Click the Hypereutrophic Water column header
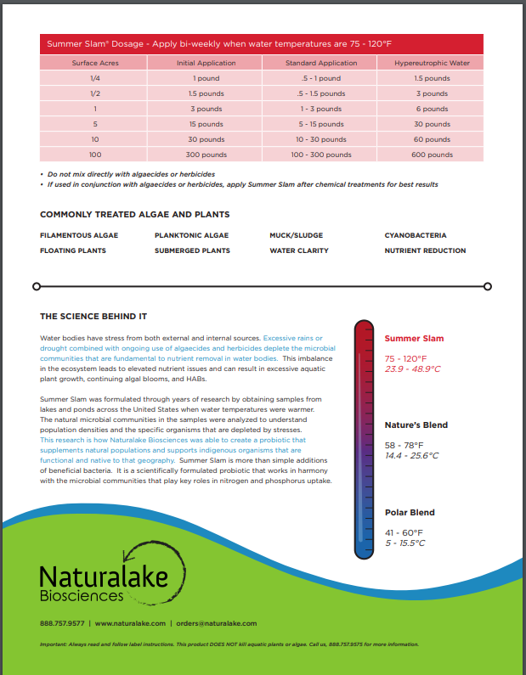click(x=433, y=63)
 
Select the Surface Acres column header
click(x=95, y=63)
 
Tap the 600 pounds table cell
click(x=433, y=155)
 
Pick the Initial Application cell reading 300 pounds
click(x=206, y=155)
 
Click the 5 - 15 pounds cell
click(x=320, y=124)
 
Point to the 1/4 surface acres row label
click(x=95, y=78)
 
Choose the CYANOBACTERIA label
click(x=415, y=235)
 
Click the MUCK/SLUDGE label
click(x=296, y=235)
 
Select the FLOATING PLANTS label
click(x=73, y=250)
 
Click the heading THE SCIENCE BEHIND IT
click(x=93, y=317)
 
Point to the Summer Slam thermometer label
click(x=414, y=339)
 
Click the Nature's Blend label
click(x=416, y=425)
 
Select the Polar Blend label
click(x=410, y=512)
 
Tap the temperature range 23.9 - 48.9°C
click(x=413, y=369)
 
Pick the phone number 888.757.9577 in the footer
click(x=62, y=622)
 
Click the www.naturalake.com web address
click(x=128, y=622)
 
